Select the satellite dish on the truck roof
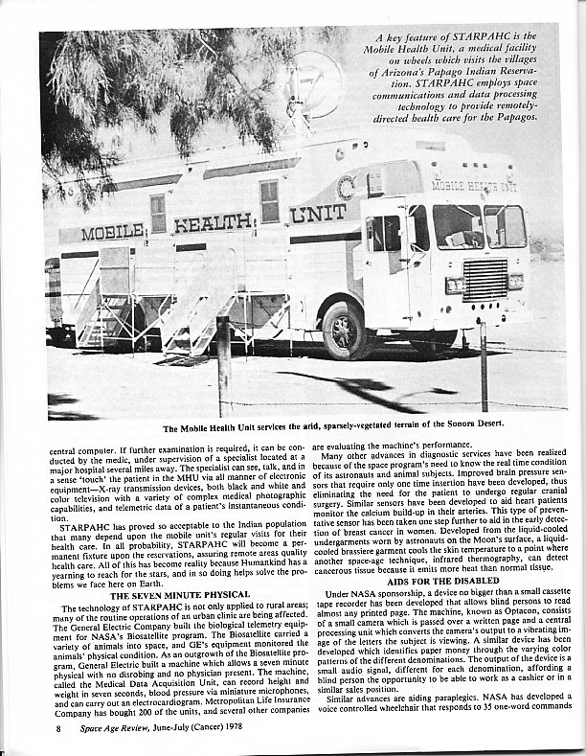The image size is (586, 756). [314, 84]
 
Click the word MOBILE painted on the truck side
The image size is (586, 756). [112, 232]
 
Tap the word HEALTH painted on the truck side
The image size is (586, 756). [214, 223]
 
